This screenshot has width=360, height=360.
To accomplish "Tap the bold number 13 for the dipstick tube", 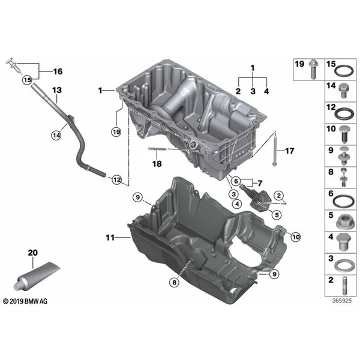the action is (x=57, y=90).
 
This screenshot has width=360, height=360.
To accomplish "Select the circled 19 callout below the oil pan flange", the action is (x=116, y=132).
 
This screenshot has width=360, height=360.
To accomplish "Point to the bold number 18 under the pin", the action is (x=157, y=164).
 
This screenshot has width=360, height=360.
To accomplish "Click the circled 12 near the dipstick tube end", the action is (x=116, y=179).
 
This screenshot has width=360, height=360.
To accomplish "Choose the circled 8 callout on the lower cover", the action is (x=174, y=282).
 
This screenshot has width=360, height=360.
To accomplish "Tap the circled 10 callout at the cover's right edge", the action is (x=296, y=237).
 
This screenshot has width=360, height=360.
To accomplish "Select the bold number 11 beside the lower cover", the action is (x=110, y=238).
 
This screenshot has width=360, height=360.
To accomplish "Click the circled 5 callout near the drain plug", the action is (x=277, y=215).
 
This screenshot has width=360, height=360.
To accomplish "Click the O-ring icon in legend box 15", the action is (x=343, y=71).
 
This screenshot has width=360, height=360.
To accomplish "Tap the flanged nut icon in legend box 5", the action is (x=343, y=222).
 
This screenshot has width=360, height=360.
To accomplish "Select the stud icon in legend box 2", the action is (x=344, y=286).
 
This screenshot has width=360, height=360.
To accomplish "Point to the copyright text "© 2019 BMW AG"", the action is (x=25, y=301).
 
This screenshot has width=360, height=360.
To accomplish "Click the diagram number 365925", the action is (x=342, y=301).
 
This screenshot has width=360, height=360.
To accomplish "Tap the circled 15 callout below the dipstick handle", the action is (x=27, y=80).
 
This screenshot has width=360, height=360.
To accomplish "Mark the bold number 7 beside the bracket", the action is (x=260, y=183).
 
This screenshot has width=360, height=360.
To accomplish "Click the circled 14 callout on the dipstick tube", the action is (x=56, y=135).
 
